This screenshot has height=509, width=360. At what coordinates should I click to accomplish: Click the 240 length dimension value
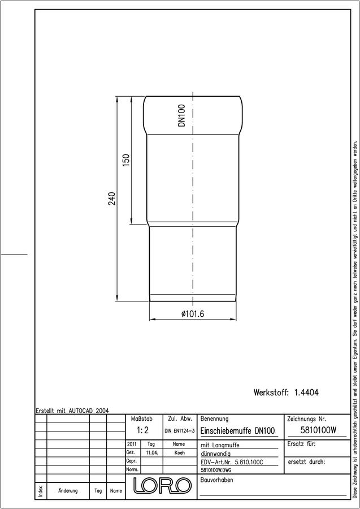[x=111, y=199]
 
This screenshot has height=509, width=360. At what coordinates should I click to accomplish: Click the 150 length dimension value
[x=126, y=160]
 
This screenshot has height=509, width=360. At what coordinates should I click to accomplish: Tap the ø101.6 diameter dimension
[x=193, y=314]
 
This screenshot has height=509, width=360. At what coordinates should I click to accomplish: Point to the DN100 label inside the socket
[x=181, y=115]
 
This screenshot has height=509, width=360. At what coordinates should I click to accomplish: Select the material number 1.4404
[x=306, y=392]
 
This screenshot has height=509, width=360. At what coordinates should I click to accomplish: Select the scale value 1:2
[x=142, y=430]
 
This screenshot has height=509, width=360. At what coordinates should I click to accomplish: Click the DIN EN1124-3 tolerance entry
[x=180, y=431]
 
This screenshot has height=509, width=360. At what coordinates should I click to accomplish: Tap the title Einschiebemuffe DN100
[x=238, y=431]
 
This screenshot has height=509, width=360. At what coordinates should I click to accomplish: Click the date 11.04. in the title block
[x=152, y=452]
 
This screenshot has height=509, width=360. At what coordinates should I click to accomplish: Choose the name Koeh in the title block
[x=179, y=452]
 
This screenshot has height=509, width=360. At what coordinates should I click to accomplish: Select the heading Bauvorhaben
[x=216, y=480]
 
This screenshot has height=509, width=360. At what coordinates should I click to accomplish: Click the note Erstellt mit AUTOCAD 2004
[x=72, y=411]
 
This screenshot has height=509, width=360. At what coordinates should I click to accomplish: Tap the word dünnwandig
[x=216, y=454]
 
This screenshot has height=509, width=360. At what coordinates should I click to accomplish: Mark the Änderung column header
[x=68, y=491]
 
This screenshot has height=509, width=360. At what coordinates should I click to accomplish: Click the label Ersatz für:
[x=301, y=444]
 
